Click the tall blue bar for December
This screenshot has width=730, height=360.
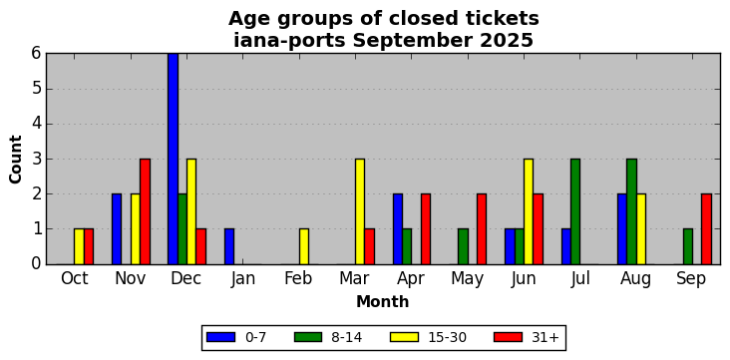(173, 159)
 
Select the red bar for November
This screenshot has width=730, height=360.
(146, 211)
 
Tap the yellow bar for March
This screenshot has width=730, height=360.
(360, 211)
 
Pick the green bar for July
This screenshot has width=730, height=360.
(575, 211)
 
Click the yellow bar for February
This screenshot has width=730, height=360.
(304, 247)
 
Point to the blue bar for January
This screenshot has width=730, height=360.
(229, 247)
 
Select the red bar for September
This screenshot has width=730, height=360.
(706, 229)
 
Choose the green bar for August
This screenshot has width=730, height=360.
(631, 211)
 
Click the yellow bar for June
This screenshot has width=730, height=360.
(529, 211)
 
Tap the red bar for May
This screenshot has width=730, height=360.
(482, 229)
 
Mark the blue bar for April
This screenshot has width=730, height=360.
(398, 229)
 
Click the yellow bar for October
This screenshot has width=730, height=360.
(79, 247)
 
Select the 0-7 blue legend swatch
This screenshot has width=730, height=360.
(220, 337)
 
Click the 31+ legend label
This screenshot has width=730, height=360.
(545, 337)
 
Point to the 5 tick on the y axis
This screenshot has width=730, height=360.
(37, 89)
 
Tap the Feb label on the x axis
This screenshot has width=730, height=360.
(298, 278)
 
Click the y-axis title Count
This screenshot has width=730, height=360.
(15, 160)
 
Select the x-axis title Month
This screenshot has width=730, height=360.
(383, 302)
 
